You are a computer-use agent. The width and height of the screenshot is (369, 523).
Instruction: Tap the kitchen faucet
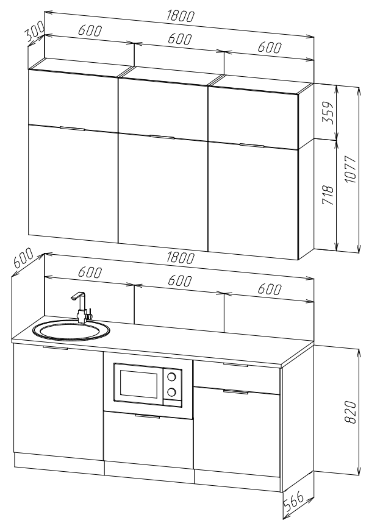click(x=81, y=308)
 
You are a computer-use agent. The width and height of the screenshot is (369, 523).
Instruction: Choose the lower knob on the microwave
click(x=172, y=392)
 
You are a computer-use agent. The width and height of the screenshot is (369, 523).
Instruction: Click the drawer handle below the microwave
click(x=148, y=416)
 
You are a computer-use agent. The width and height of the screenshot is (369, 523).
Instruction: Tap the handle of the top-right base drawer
click(x=235, y=365)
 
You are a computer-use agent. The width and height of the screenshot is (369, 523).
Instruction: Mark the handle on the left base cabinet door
click(x=56, y=349)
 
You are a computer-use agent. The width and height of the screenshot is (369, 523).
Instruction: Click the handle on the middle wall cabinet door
click(x=162, y=137)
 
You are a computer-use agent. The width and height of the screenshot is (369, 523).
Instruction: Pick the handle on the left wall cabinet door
click(x=72, y=129)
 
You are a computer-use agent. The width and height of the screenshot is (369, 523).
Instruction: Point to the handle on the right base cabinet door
click(x=235, y=391)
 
